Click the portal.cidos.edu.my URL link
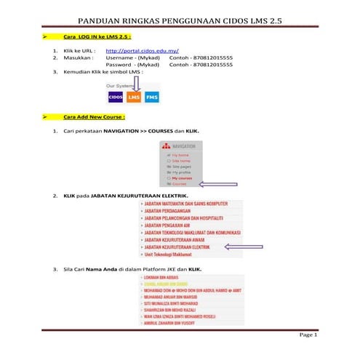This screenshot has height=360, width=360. (x=142, y=52)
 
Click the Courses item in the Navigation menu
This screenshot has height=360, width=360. (x=179, y=184)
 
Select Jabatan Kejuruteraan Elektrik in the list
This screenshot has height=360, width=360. (x=177, y=247)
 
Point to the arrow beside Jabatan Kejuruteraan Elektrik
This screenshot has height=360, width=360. (x=243, y=247)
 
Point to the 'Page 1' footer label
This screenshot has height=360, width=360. (x=308, y=335)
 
